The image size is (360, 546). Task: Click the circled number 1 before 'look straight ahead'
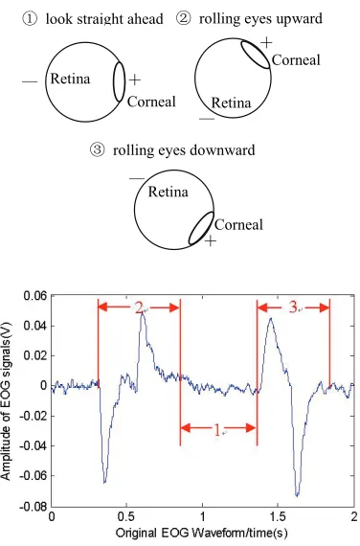pos(31,19)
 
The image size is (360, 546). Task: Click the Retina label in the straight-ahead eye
pos(70,80)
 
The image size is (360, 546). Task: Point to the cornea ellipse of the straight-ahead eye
pos(119,81)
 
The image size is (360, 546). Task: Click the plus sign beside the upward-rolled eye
pos(266,42)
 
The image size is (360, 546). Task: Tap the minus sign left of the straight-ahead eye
pos(30,81)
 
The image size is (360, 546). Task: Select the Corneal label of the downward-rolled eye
pos(238,225)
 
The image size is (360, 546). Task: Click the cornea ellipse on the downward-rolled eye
pos(201,228)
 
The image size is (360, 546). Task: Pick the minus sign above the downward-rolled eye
pos(137,178)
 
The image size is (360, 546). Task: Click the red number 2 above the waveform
pos(139,307)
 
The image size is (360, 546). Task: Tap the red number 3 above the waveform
pos(293,307)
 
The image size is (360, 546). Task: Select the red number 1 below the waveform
pos(217,431)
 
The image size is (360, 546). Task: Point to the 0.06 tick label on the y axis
pos(34,296)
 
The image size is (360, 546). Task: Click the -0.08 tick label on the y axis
pos(33,507)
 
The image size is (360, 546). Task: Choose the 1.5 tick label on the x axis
pos(278,516)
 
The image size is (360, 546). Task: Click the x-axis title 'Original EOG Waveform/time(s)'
pos(202,533)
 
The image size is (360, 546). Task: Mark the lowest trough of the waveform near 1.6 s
pos(297,495)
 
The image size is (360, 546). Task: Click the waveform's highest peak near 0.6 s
pos(142,313)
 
